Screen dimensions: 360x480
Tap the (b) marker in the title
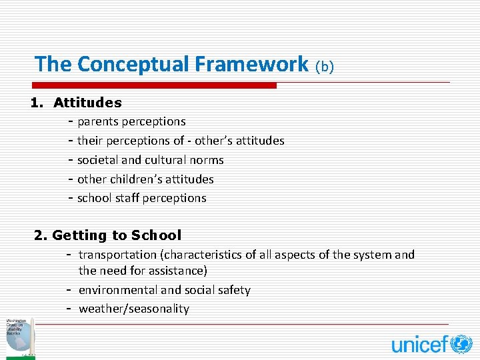pyautogui.click(x=324, y=66)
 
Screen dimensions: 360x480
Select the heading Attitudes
pyautogui.click(x=87, y=103)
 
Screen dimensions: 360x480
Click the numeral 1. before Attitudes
pyautogui.click(x=37, y=103)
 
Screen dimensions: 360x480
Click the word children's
pyautogui.click(x=145, y=179)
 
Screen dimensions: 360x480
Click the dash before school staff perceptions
pyautogui.click(x=70, y=198)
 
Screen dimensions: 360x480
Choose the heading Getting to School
pyautogui.click(x=116, y=235)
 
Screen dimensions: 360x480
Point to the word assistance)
pyautogui.click(x=179, y=271)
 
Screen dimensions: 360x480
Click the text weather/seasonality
pyautogui.click(x=134, y=309)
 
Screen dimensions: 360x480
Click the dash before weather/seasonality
pyautogui.click(x=69, y=309)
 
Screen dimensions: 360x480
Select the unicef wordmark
pyautogui.click(x=420, y=345)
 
